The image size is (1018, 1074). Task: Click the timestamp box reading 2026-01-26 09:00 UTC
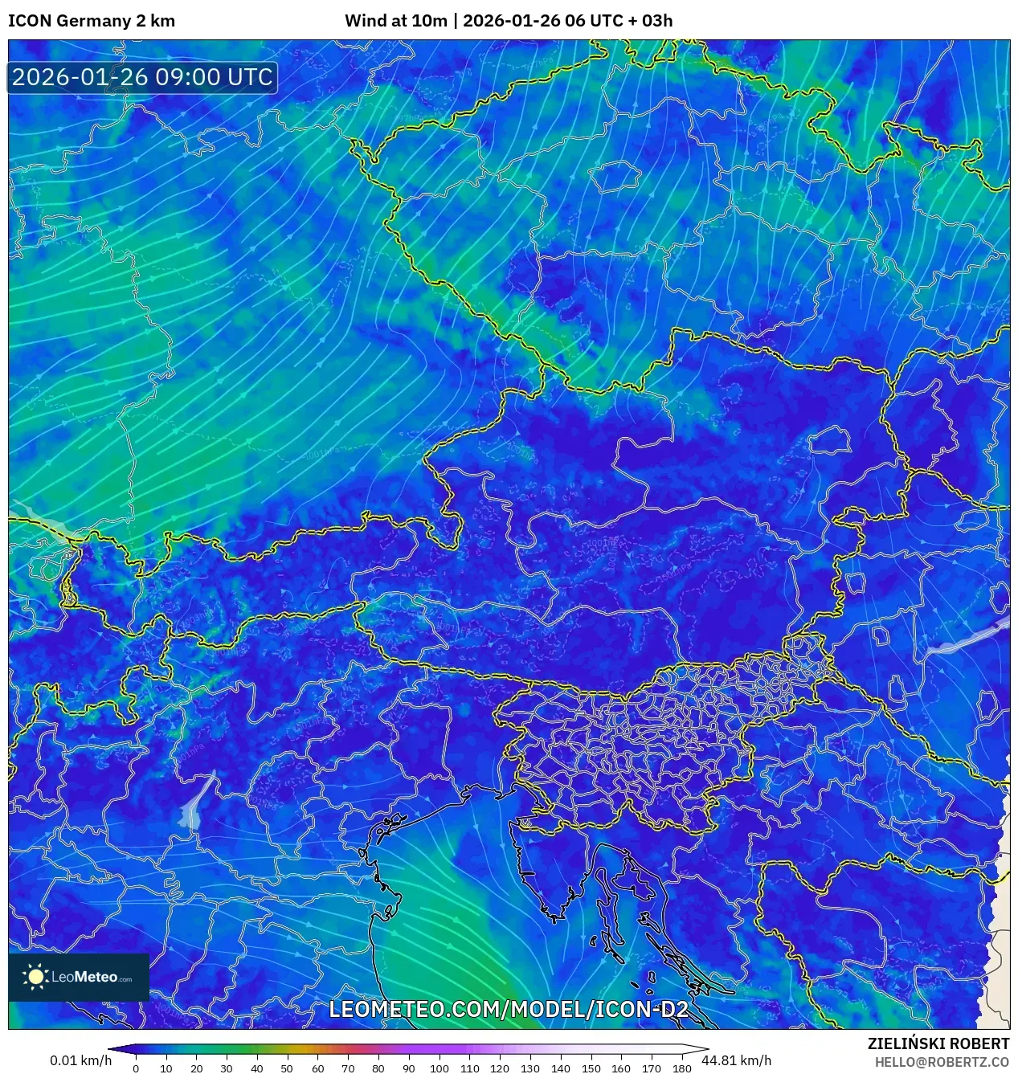pos(142,77)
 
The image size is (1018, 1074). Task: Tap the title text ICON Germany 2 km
pos(92,21)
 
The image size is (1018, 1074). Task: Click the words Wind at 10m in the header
pos(395,21)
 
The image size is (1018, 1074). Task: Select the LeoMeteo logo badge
pos(79,977)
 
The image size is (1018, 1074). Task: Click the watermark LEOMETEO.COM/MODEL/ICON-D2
pos(509,1009)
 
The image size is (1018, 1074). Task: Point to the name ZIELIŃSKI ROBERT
pos(938,1043)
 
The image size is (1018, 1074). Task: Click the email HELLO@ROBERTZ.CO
pos(942,1062)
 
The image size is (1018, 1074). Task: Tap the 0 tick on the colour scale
pos(136,1068)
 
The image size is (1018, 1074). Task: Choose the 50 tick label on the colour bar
pos(287,1068)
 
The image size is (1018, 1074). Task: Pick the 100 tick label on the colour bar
pos(439,1068)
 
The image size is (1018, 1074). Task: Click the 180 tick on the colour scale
pos(681,1068)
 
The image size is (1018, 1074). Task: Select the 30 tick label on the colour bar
pos(227,1068)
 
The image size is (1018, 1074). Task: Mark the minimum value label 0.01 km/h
pos(81,1060)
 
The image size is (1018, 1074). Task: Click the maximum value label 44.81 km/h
pos(736,1060)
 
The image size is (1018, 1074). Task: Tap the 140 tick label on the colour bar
pos(560,1068)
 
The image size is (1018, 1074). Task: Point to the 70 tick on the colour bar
pos(348,1068)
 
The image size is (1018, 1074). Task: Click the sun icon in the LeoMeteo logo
pos(36,977)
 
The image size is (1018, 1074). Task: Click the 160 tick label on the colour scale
pos(621,1068)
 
